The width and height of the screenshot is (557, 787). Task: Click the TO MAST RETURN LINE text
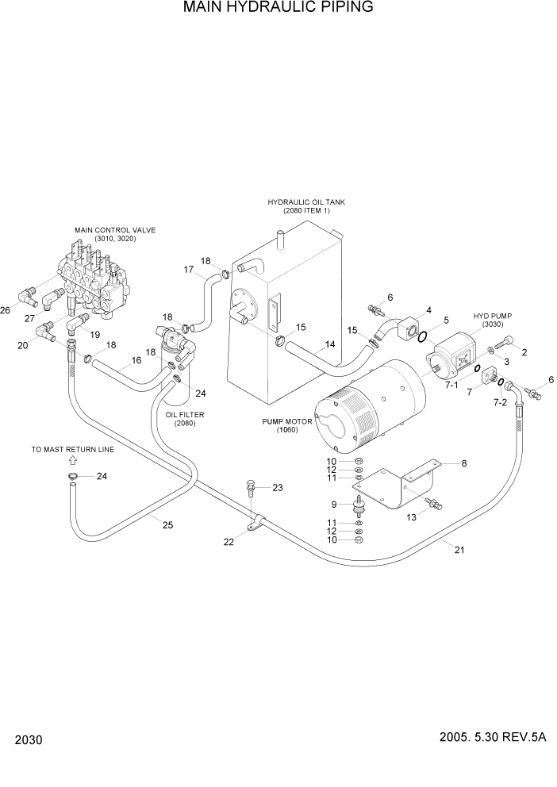pyautogui.click(x=73, y=449)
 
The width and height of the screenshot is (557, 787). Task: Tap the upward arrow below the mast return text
pyautogui.click(x=73, y=460)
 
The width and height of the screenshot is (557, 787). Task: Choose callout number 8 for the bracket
pyautogui.click(x=463, y=463)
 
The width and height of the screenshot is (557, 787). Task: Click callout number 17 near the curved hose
pyautogui.click(x=189, y=270)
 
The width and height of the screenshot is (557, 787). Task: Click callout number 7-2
pyautogui.click(x=500, y=404)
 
